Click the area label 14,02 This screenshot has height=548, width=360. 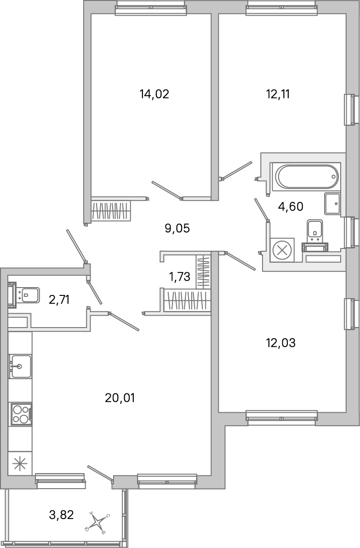tap(154, 94)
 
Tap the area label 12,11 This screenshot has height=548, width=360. tap(278, 94)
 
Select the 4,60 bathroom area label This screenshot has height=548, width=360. tap(291, 206)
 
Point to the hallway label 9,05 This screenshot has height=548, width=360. tap(177, 228)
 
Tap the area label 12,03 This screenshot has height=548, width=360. tap(280, 342)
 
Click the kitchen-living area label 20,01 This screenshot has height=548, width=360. tap(120, 398)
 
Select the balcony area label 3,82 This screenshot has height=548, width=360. tap(62, 514)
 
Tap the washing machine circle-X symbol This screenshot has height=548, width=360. tap(282, 251)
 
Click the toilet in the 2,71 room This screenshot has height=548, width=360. tap(26, 293)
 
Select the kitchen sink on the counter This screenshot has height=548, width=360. tap(21, 366)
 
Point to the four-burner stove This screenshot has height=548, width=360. tap(21, 414)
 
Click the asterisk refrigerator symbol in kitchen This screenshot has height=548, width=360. tap(20, 463)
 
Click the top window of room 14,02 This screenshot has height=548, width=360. tap(151, 8)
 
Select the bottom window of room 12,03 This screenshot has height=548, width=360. tap(281, 416)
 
